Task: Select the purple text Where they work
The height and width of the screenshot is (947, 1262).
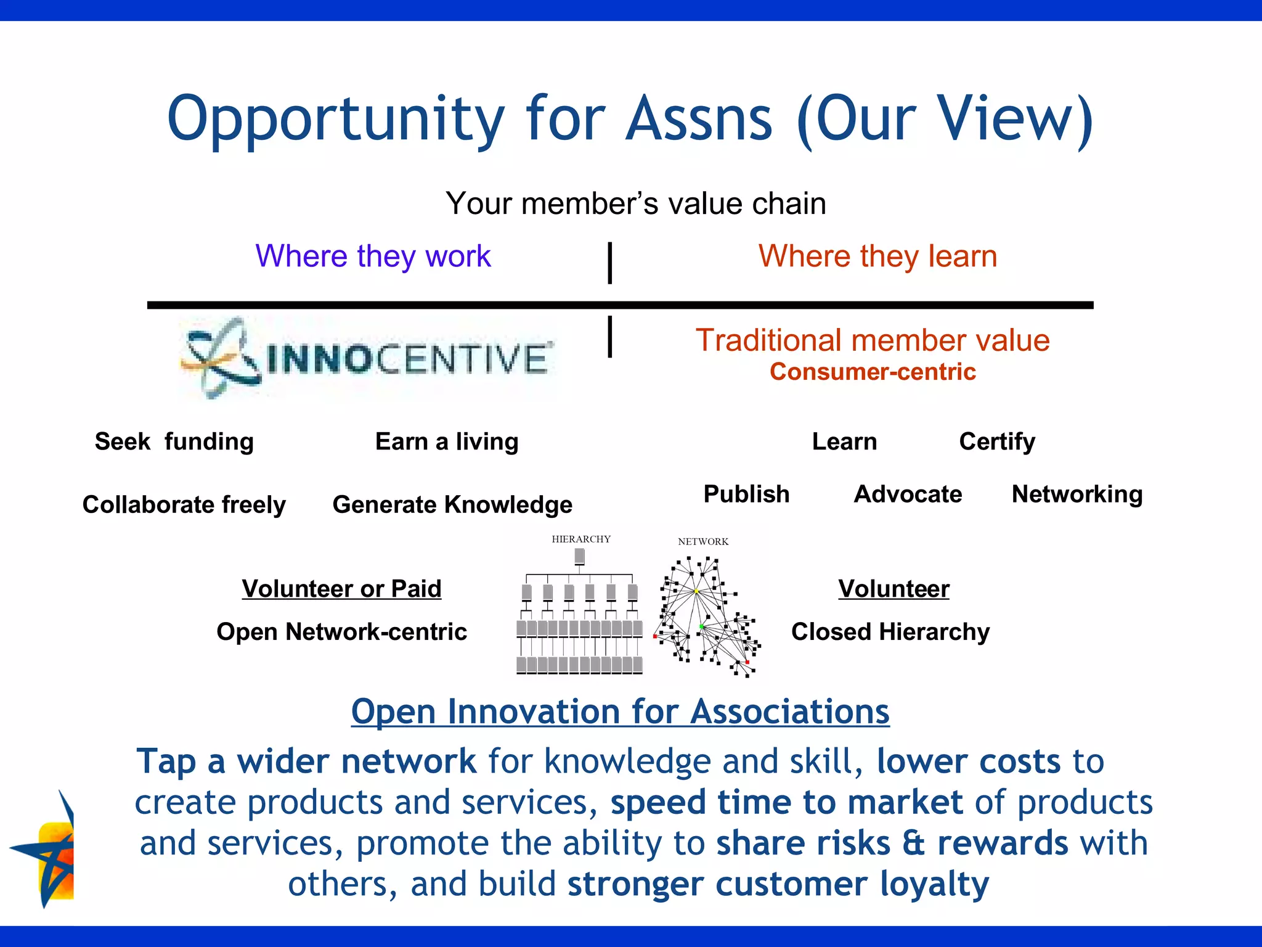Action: pos(373,256)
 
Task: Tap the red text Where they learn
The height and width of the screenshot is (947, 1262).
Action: pos(877,256)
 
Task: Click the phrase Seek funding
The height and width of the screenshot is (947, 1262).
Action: pos(174,441)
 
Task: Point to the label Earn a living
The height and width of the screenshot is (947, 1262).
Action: pos(447,441)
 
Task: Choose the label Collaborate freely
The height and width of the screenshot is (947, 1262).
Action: pos(184,504)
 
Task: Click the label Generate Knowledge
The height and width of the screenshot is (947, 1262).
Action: pos(452,504)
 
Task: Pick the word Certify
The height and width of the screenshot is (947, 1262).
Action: pos(997,441)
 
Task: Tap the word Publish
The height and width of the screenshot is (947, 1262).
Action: pos(746,494)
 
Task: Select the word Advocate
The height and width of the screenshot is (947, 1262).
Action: pos(908,494)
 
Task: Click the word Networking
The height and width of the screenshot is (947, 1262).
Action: pos(1077,494)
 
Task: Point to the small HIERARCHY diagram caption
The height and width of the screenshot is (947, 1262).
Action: pos(581,539)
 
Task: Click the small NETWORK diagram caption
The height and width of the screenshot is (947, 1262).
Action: pos(703,542)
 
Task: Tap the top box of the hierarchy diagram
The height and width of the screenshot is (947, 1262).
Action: pos(580,557)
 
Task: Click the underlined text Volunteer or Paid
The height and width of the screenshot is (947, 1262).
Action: pos(341,589)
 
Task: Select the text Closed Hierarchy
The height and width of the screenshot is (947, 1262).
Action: pos(890,632)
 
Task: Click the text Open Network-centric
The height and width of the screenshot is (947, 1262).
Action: pos(341,632)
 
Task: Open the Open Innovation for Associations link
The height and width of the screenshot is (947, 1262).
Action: pos(620,712)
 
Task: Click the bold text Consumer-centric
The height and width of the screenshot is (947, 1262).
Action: pos(873,372)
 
